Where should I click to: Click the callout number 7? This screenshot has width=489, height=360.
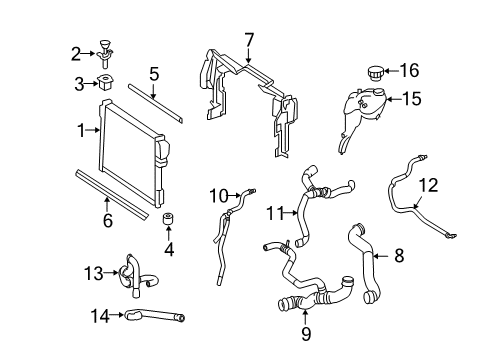[249, 41]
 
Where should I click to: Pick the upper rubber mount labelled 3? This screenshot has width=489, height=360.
[105, 82]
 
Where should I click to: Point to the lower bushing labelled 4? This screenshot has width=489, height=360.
[169, 219]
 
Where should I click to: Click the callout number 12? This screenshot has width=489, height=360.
[428, 185]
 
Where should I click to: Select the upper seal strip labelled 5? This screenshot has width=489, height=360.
[155, 103]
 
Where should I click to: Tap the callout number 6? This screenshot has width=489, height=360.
[108, 221]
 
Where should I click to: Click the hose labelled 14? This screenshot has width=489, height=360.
[155, 314]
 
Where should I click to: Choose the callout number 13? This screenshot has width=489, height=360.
[93, 273]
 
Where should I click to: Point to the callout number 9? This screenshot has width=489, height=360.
[306, 334]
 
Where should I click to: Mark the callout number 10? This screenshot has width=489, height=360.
[219, 196]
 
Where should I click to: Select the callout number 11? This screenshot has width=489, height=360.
[275, 213]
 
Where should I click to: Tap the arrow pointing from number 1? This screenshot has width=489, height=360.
[93, 130]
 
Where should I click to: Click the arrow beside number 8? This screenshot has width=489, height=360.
[381, 256]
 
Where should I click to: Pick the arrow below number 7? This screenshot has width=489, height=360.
[249, 56]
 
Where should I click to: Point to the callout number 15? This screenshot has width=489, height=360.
[412, 99]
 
